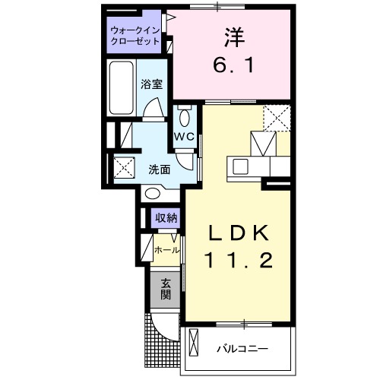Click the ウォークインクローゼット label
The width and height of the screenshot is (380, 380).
point(135,36)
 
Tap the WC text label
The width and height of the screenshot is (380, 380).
point(185,137)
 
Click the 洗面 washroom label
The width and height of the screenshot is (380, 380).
point(160,169)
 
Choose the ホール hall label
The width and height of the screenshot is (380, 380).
point(166,249)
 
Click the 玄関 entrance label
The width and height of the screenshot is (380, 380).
point(165,290)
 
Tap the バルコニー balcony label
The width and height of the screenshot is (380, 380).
point(242,349)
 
